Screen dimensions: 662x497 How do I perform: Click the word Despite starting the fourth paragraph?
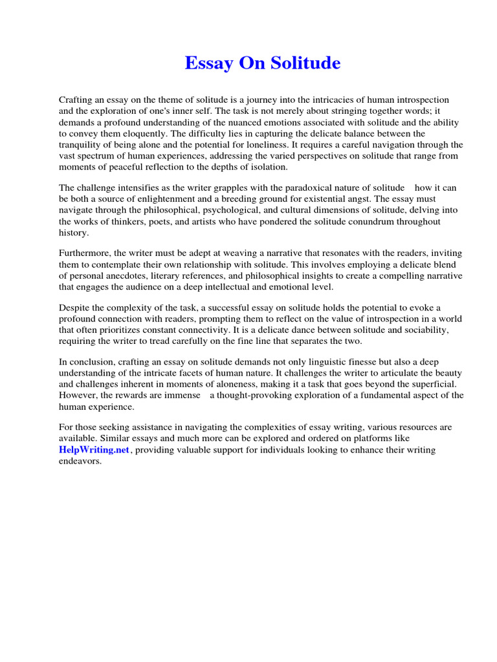click(76, 308)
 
